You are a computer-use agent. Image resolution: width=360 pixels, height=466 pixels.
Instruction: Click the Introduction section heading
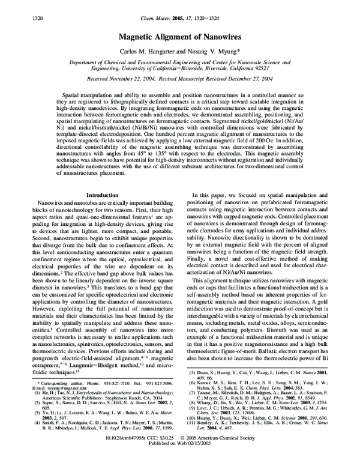coord(103,195)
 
